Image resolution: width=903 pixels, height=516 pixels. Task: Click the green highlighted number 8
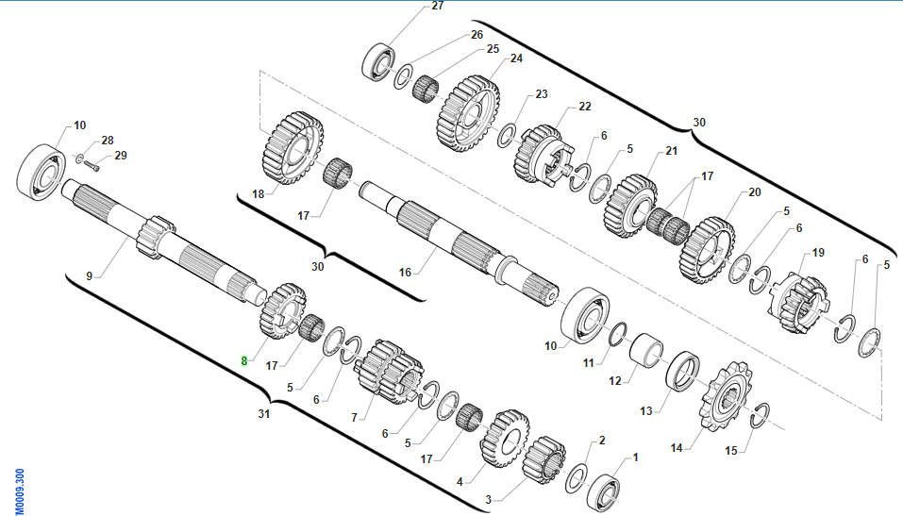click(244, 361)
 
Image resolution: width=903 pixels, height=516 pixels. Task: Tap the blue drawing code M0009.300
click(19, 491)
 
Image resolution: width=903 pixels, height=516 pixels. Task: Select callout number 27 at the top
click(438, 6)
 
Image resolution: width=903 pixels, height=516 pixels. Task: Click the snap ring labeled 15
click(760, 416)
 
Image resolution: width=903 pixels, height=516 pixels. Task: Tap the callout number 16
click(406, 272)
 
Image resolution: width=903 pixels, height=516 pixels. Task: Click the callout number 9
click(90, 275)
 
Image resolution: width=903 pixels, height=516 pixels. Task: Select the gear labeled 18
click(293, 148)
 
